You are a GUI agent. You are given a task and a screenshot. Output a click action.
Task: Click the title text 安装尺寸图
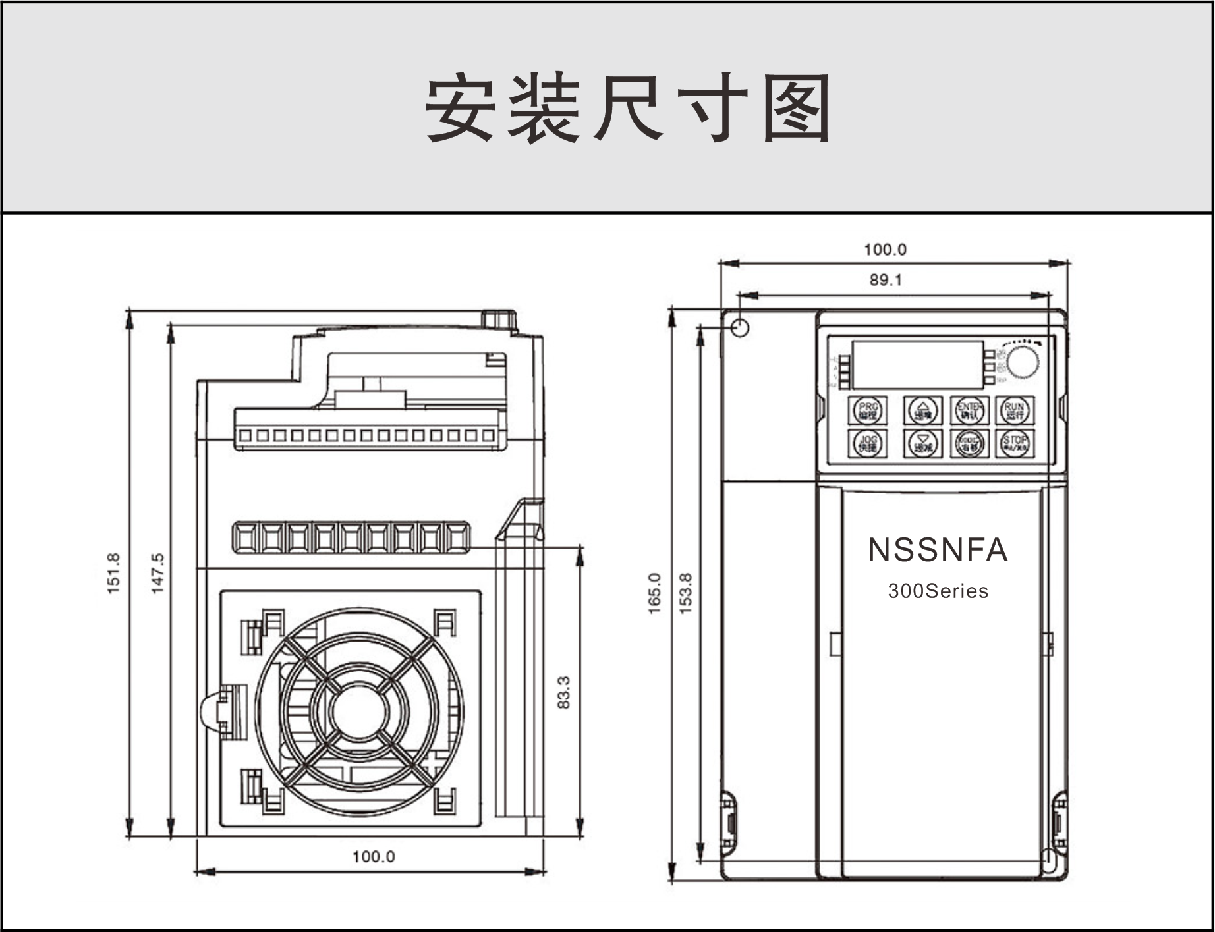tap(627, 109)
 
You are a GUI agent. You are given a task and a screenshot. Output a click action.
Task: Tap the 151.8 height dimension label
tap(114, 573)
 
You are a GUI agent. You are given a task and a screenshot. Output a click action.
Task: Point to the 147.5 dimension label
tap(158, 573)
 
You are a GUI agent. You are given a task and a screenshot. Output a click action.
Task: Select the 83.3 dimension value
tap(564, 692)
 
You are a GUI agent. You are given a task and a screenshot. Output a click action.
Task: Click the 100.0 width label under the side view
tap(374, 856)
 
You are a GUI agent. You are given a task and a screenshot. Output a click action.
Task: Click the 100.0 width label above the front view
tap(885, 250)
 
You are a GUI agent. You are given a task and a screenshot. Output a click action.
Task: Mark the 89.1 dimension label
tap(885, 280)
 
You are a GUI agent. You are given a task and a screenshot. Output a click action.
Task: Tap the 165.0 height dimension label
tap(654, 593)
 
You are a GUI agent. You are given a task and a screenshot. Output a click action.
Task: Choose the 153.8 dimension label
tap(686, 593)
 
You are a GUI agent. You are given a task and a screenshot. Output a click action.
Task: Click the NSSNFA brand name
tap(938, 550)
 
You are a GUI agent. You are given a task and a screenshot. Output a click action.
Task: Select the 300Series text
tap(938, 591)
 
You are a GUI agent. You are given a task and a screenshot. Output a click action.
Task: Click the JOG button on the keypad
tap(868, 443)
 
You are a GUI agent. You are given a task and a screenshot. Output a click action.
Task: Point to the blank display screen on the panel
tap(917, 364)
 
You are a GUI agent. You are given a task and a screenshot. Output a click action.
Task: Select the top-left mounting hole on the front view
tap(740, 327)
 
